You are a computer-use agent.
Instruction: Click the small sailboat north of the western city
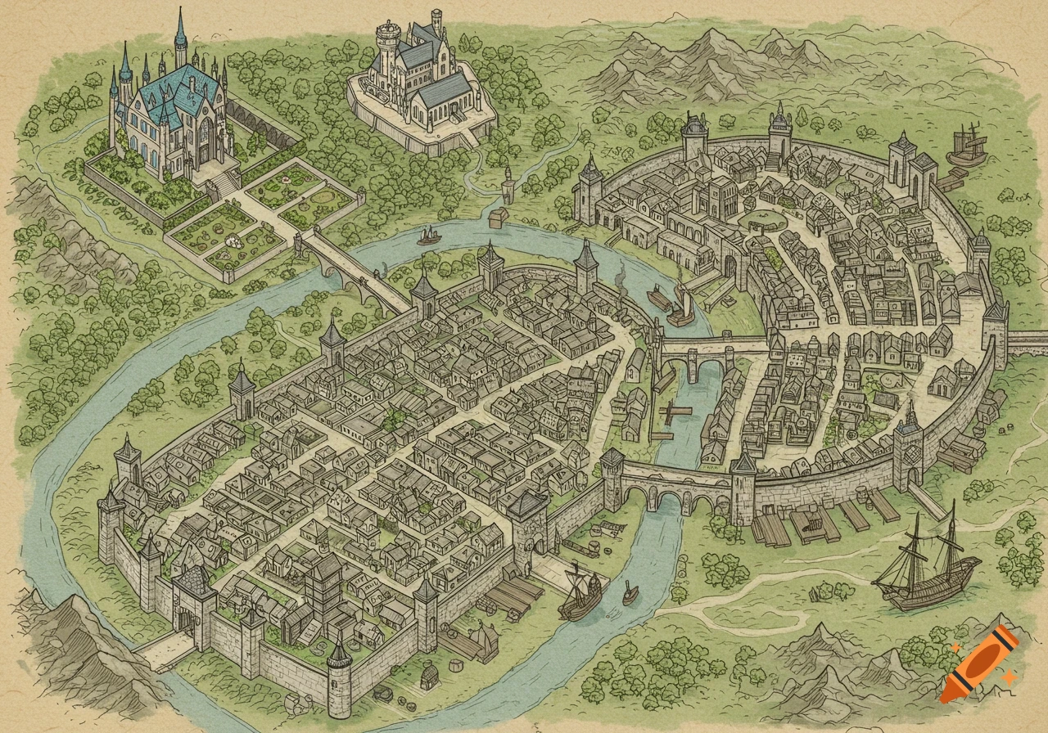(427, 236)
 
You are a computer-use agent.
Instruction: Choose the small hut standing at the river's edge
(496, 218)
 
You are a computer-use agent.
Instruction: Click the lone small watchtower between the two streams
(508, 182)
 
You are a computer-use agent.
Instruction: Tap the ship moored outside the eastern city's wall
(964, 147)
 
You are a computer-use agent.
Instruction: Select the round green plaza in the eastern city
(761, 219)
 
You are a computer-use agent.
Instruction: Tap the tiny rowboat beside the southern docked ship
(630, 591)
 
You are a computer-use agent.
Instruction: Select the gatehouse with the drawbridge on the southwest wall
(190, 601)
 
